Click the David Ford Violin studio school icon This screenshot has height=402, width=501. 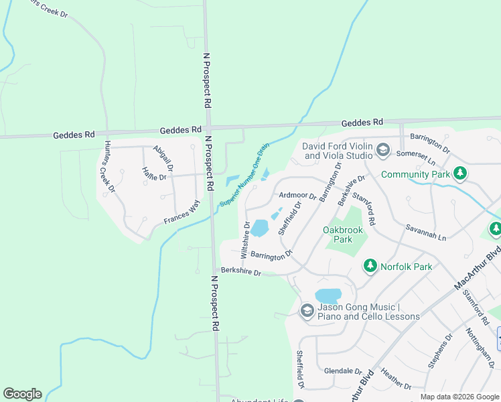382,150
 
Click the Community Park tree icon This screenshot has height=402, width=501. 459,174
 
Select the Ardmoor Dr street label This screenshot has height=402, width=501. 297,196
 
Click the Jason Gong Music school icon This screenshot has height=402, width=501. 307,311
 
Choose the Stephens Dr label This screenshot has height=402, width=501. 439,354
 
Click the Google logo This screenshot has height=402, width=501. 22,394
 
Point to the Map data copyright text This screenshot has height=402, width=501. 459,397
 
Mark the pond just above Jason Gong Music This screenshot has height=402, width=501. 328,295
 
